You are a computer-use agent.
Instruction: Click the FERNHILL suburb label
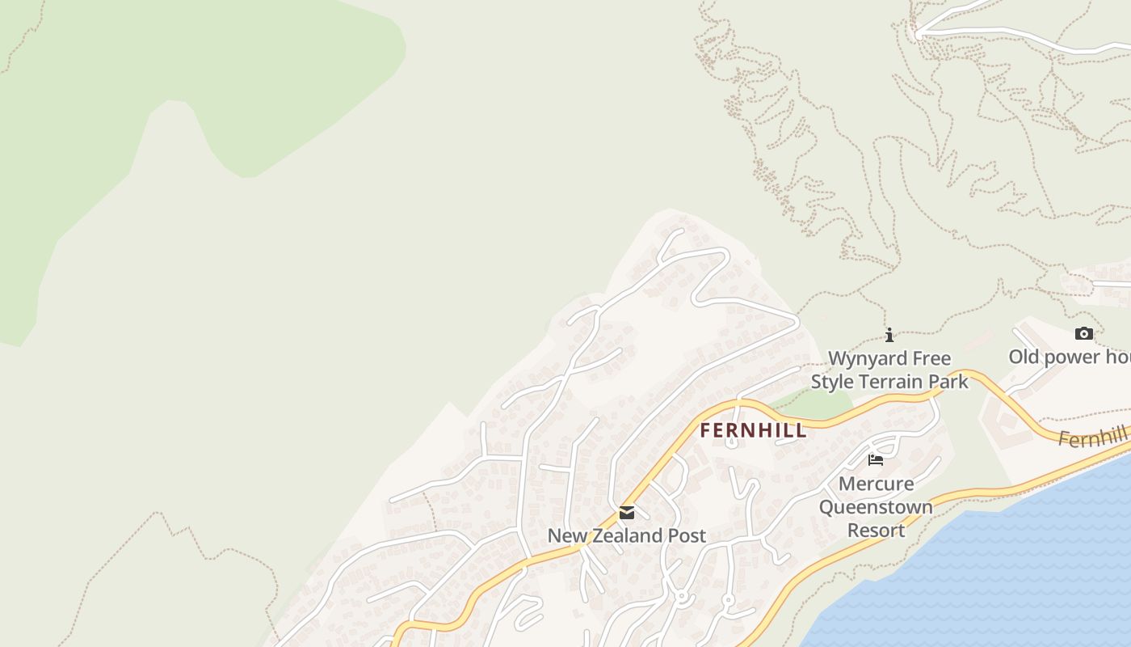(x=753, y=430)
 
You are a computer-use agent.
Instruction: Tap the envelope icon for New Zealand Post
(x=627, y=513)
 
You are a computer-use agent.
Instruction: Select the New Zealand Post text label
(x=627, y=535)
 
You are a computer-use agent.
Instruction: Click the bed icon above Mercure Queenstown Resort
(x=876, y=460)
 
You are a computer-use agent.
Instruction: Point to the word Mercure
(x=876, y=484)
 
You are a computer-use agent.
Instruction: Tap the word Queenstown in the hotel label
(x=876, y=507)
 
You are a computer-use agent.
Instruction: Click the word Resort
(x=876, y=531)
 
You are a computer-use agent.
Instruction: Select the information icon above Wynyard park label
(x=889, y=335)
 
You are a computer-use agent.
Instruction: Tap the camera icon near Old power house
(x=1084, y=333)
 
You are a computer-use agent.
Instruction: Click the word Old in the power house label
(x=1024, y=357)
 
